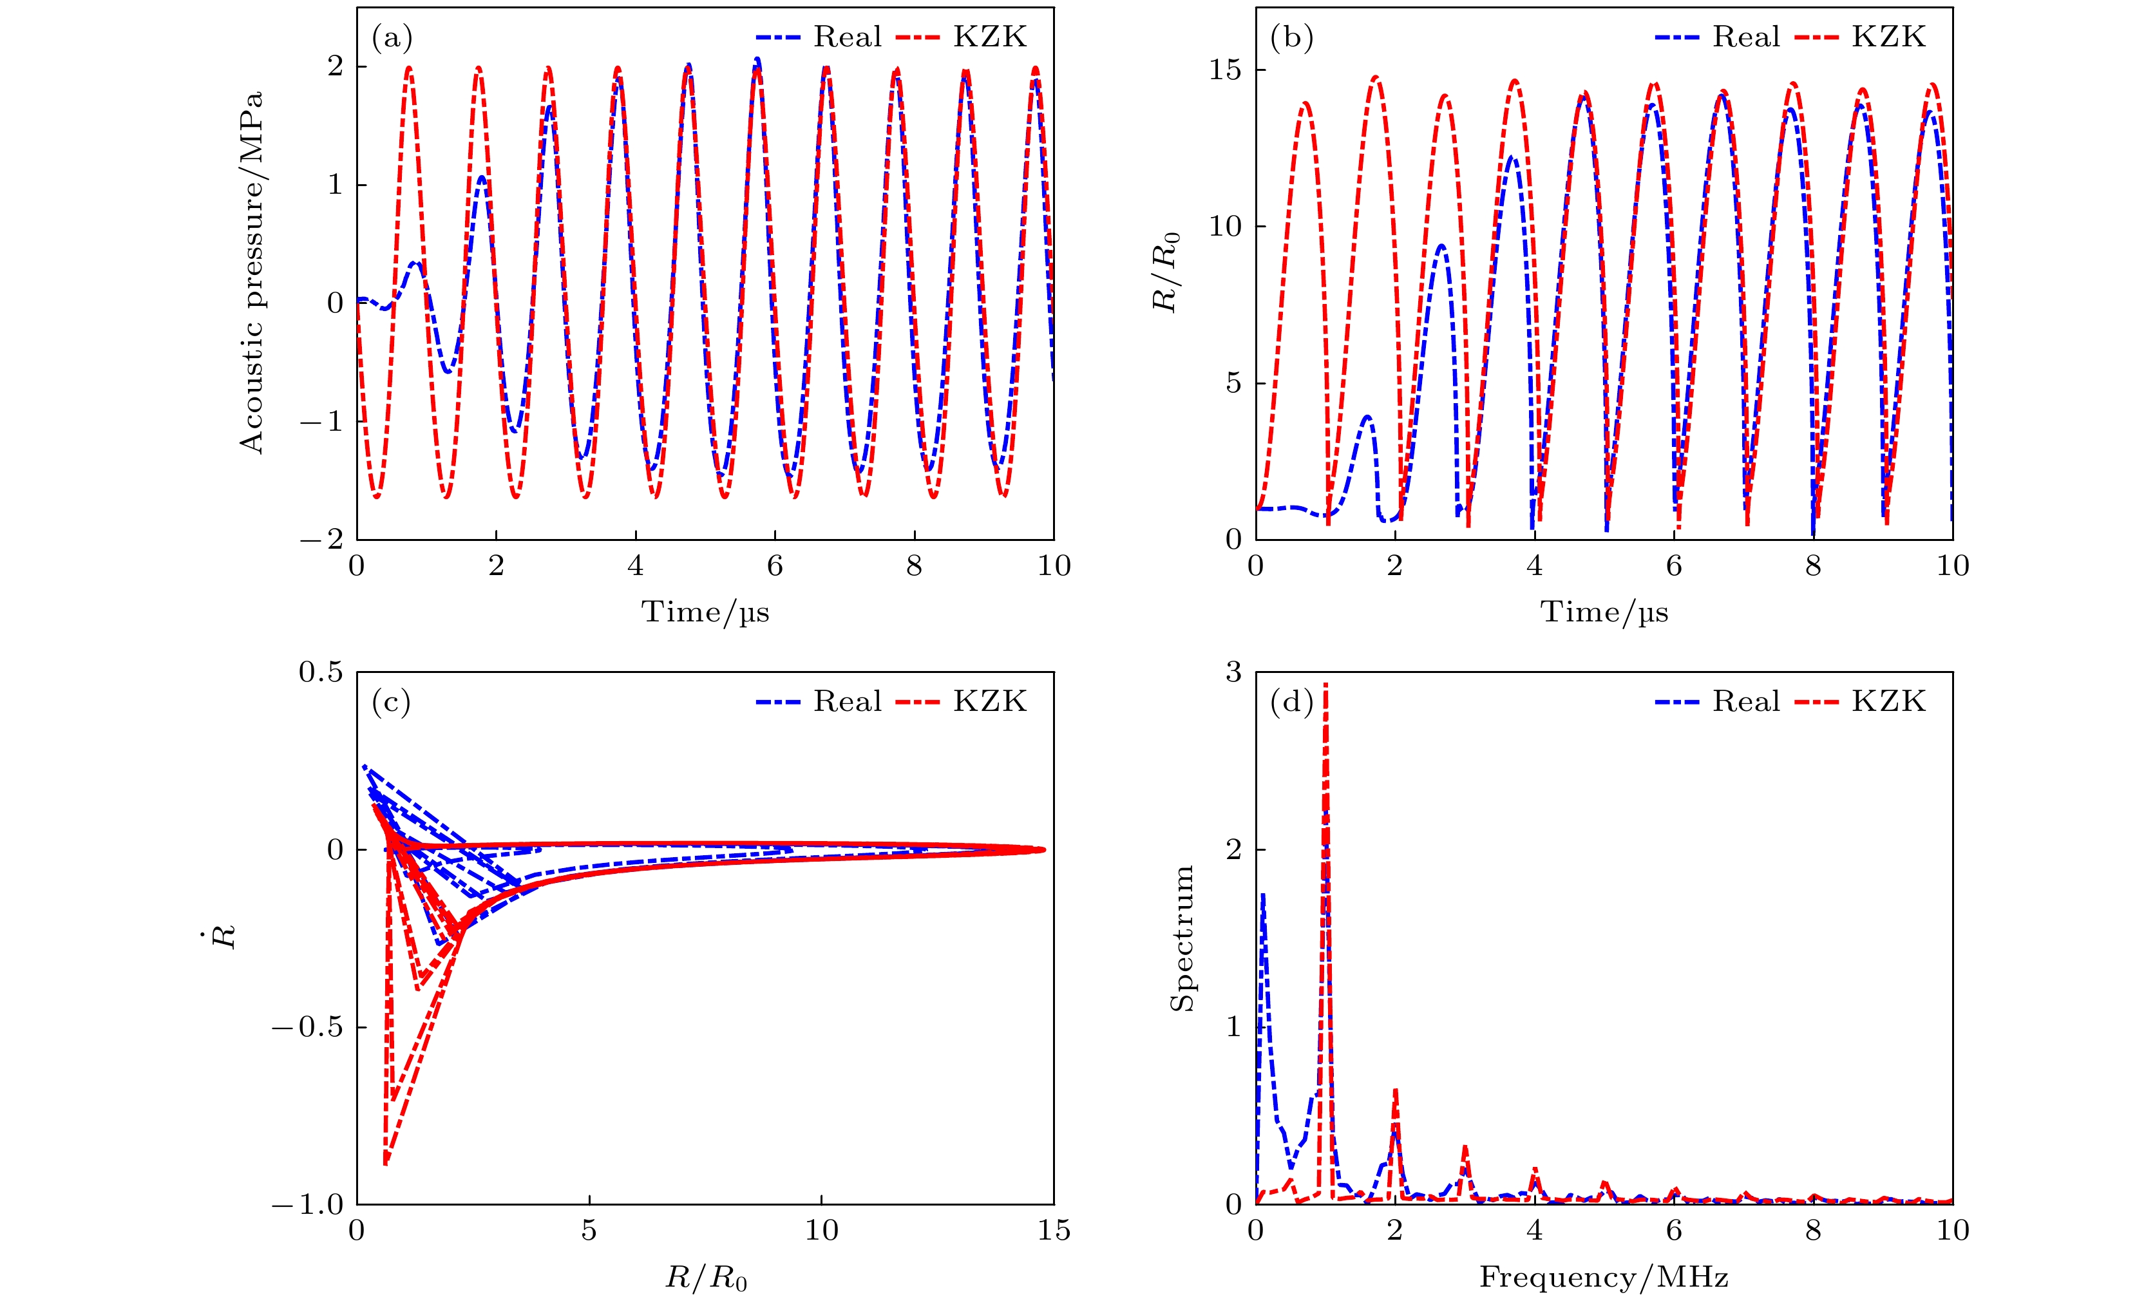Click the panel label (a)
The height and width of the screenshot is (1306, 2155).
[x=391, y=37]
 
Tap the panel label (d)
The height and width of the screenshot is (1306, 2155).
[x=1291, y=701]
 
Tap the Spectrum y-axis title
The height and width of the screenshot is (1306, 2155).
[x=1182, y=938]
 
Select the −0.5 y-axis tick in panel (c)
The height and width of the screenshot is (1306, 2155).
[x=308, y=1027]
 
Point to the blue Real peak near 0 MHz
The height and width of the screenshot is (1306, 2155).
[x=1263, y=896]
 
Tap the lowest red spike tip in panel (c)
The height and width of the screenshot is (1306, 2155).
[x=386, y=1164]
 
